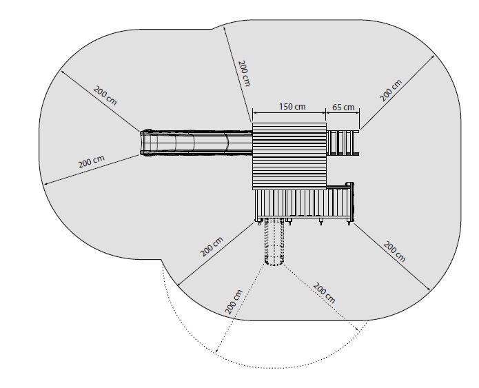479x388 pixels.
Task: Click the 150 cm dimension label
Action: pyautogui.click(x=292, y=106)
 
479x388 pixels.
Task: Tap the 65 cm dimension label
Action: pyautogui.click(x=343, y=108)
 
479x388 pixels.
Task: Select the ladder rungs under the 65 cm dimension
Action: pyautogui.click(x=343, y=143)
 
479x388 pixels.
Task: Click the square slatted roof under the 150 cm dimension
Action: pyautogui.click(x=289, y=156)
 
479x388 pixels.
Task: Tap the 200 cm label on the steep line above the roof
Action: pyautogui.click(x=245, y=73)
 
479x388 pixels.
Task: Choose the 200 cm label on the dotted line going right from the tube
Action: pyautogui.click(x=324, y=294)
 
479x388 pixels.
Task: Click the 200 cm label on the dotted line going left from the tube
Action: pyautogui.click(x=234, y=302)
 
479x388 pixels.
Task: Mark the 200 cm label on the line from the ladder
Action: pyautogui.click(x=391, y=90)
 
